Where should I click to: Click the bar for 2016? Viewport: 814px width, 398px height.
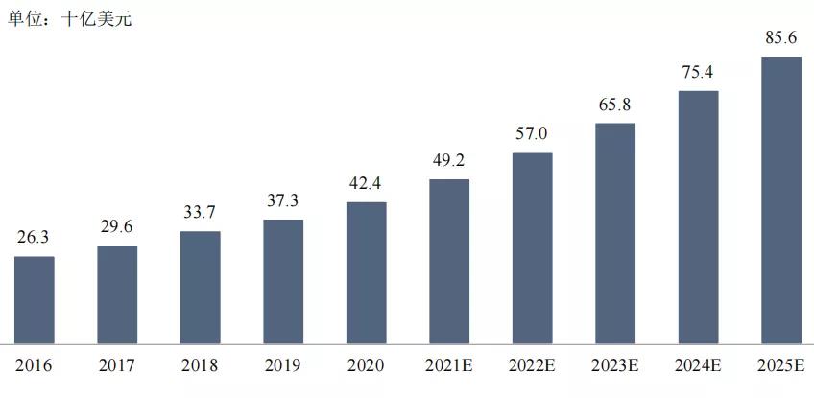tap(35, 299)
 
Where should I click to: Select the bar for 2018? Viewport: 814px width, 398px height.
tap(200, 287)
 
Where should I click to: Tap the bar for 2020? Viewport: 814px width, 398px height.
tap(366, 272)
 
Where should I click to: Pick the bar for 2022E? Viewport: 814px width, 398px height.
tap(532, 247)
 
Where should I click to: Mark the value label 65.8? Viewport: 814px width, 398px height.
tap(614, 105)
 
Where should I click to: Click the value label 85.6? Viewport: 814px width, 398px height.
tap(780, 38)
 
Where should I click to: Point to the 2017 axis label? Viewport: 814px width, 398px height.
tap(117, 365)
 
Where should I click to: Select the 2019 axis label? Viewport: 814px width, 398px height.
tap(283, 365)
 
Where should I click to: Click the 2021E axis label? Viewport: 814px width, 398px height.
tap(449, 365)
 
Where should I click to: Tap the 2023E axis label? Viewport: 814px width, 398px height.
tap(614, 365)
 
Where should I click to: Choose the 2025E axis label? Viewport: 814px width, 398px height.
tap(780, 365)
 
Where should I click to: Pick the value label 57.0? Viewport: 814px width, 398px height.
tap(532, 134)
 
